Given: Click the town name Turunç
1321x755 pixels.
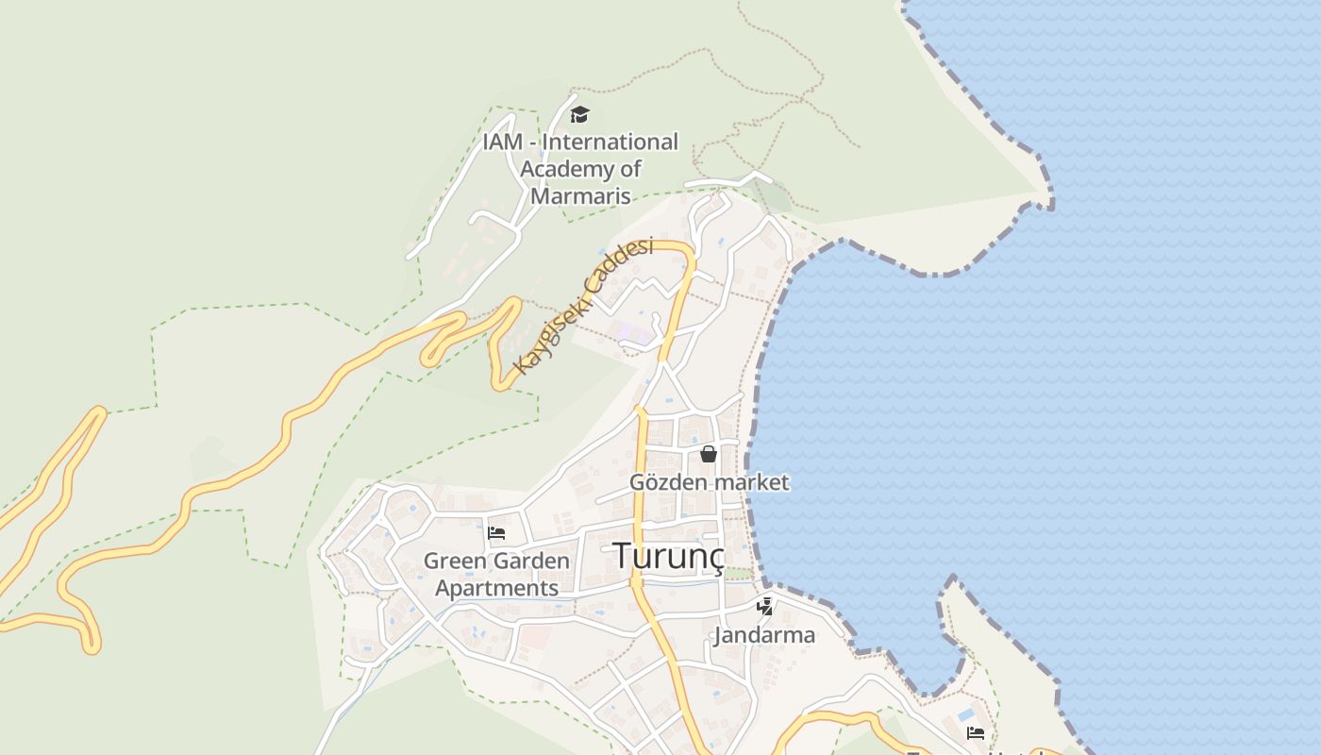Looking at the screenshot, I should coord(668,556).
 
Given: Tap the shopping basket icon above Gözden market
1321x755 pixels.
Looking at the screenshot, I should coord(709,454).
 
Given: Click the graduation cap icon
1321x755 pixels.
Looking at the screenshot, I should coord(579,115).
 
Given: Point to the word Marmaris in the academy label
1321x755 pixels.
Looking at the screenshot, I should coord(580,196).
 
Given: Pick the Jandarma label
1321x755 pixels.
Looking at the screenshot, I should coord(764,635).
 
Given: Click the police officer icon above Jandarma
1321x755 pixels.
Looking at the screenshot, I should coord(765,606).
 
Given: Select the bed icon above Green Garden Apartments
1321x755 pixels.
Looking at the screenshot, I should coord(496,532).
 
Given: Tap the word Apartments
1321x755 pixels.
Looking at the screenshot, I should coord(496,589).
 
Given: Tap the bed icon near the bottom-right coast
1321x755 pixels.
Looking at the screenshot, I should coord(976,731).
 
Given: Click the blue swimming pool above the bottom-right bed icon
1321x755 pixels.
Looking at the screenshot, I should coord(967,714).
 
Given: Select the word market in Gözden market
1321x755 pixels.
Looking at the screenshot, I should coord(751,482).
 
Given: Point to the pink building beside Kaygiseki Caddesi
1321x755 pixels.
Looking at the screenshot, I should coord(629,332).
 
